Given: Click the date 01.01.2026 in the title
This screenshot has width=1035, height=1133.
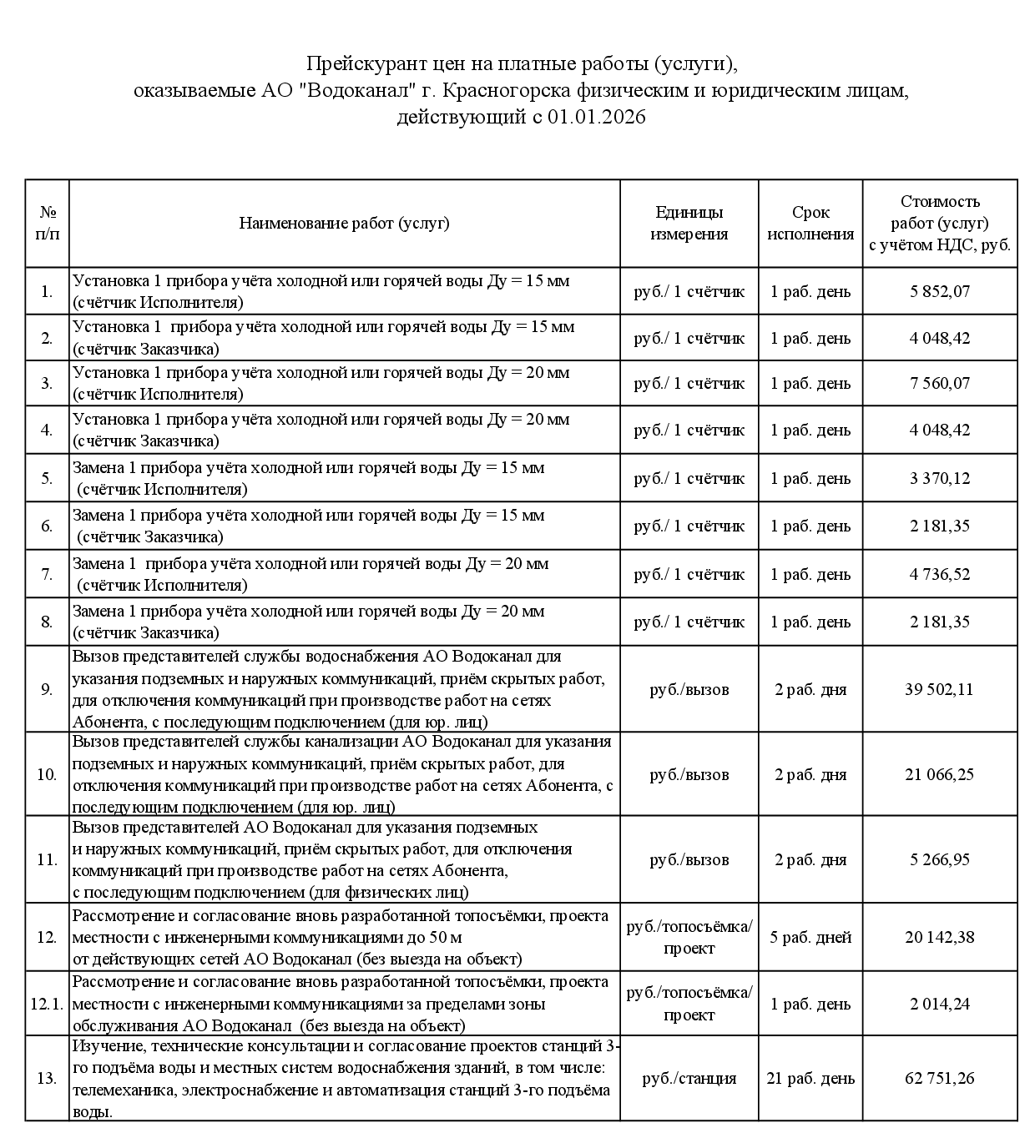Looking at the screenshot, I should [597, 118].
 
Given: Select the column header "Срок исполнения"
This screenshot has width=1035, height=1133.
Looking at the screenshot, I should [810, 224].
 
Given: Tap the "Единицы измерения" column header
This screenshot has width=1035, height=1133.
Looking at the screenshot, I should [689, 224].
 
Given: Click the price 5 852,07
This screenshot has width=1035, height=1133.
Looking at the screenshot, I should [940, 291].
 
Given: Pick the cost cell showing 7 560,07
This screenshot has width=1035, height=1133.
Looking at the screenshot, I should [940, 383].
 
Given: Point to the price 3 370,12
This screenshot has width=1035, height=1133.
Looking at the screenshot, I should [940, 478].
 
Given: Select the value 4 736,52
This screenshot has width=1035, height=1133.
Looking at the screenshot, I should [940, 574].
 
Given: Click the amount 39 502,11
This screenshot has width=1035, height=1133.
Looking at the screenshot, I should [939, 689].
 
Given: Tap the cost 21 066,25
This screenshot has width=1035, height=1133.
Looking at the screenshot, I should [939, 774].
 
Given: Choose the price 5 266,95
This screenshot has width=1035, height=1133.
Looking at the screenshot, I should [940, 859].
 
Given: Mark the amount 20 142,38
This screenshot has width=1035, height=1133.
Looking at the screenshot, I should [939, 937].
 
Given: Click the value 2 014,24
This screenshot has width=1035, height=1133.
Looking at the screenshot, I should [940, 1004].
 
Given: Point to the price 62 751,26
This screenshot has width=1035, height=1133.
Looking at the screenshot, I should [939, 1078].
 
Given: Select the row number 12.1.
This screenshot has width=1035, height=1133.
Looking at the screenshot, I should [47, 1004].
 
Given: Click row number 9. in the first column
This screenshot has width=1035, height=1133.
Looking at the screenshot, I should [47, 689].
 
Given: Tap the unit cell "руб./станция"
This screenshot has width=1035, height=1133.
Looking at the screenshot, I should [689, 1078].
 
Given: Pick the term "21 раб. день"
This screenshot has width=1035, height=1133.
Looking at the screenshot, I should [810, 1078].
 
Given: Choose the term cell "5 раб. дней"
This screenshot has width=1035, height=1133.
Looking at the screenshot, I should [810, 937].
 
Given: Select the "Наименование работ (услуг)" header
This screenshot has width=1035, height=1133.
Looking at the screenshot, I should [344, 224].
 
